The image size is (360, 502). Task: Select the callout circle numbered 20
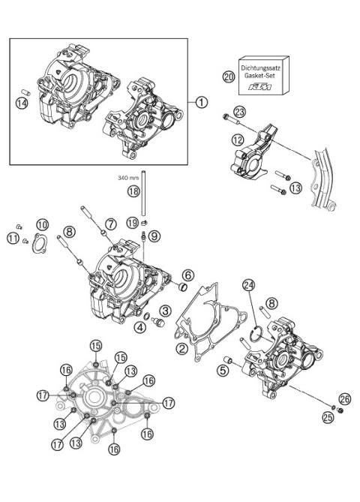229,77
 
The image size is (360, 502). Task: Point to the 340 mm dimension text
129,178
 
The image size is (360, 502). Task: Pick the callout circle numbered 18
133,192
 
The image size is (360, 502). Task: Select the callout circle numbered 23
239,112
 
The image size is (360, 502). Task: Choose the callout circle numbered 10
43,224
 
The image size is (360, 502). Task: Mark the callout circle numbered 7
110,224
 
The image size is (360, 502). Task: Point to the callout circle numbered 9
154,236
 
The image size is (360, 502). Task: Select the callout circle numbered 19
132,223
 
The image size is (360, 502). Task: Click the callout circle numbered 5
223,369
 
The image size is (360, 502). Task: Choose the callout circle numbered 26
344,398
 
